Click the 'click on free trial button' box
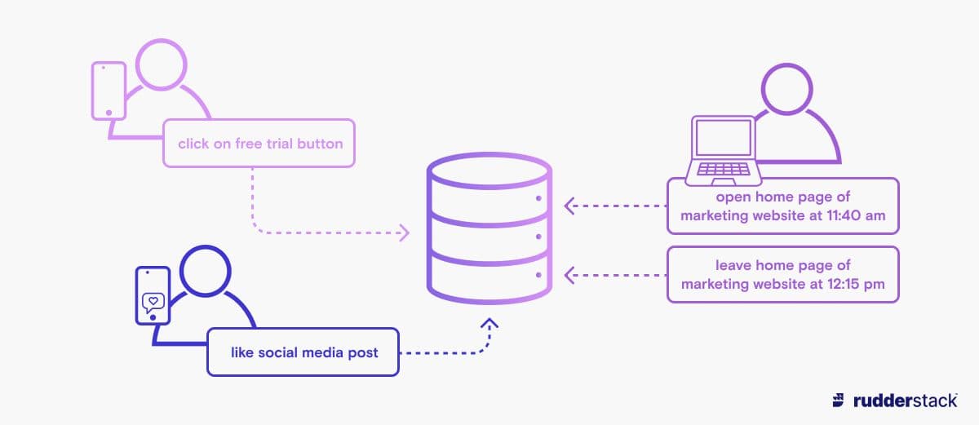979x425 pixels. (259, 144)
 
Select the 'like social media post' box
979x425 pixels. (303, 352)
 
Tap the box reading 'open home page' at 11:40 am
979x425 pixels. (782, 207)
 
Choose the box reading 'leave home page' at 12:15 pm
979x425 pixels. (782, 274)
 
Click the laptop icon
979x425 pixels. (723, 151)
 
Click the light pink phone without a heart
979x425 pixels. (108, 91)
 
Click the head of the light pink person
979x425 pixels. (161, 63)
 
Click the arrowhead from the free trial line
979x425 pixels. (404, 233)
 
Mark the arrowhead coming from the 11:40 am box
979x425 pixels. (569, 206)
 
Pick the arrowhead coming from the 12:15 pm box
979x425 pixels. (569, 275)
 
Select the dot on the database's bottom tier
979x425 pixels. (538, 276)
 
